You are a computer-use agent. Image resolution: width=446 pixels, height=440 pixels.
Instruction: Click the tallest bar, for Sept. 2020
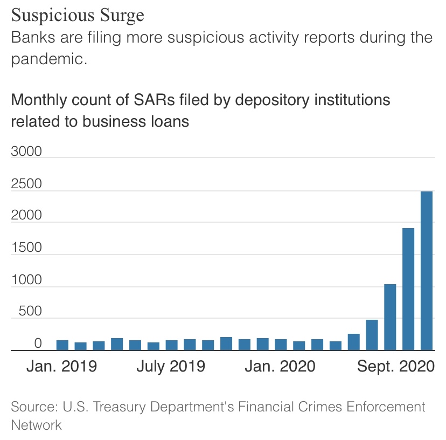click(427, 271)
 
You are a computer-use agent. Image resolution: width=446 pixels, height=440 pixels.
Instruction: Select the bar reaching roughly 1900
click(408, 289)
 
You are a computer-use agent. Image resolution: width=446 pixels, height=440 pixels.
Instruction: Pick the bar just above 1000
click(390, 317)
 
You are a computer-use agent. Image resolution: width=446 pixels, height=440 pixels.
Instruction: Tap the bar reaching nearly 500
click(372, 335)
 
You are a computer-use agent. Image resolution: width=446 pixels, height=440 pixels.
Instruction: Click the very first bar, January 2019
click(62, 345)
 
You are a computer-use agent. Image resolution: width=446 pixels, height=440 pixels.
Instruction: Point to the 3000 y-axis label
click(26, 151)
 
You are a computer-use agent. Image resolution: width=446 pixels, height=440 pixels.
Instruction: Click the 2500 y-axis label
click(26, 184)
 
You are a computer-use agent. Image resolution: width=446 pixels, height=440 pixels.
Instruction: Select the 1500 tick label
click(26, 247)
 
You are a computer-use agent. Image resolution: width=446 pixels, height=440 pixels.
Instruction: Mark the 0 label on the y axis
click(38, 343)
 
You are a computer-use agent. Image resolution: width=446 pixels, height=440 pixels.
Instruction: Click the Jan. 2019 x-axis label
click(62, 366)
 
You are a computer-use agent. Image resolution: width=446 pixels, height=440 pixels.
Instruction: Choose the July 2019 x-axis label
click(171, 366)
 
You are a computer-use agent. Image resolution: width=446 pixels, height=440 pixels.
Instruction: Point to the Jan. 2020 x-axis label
click(280, 366)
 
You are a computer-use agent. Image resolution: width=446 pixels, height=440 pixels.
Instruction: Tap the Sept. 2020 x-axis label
click(396, 366)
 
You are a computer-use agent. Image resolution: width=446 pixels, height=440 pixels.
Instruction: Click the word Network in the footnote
click(36, 424)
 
